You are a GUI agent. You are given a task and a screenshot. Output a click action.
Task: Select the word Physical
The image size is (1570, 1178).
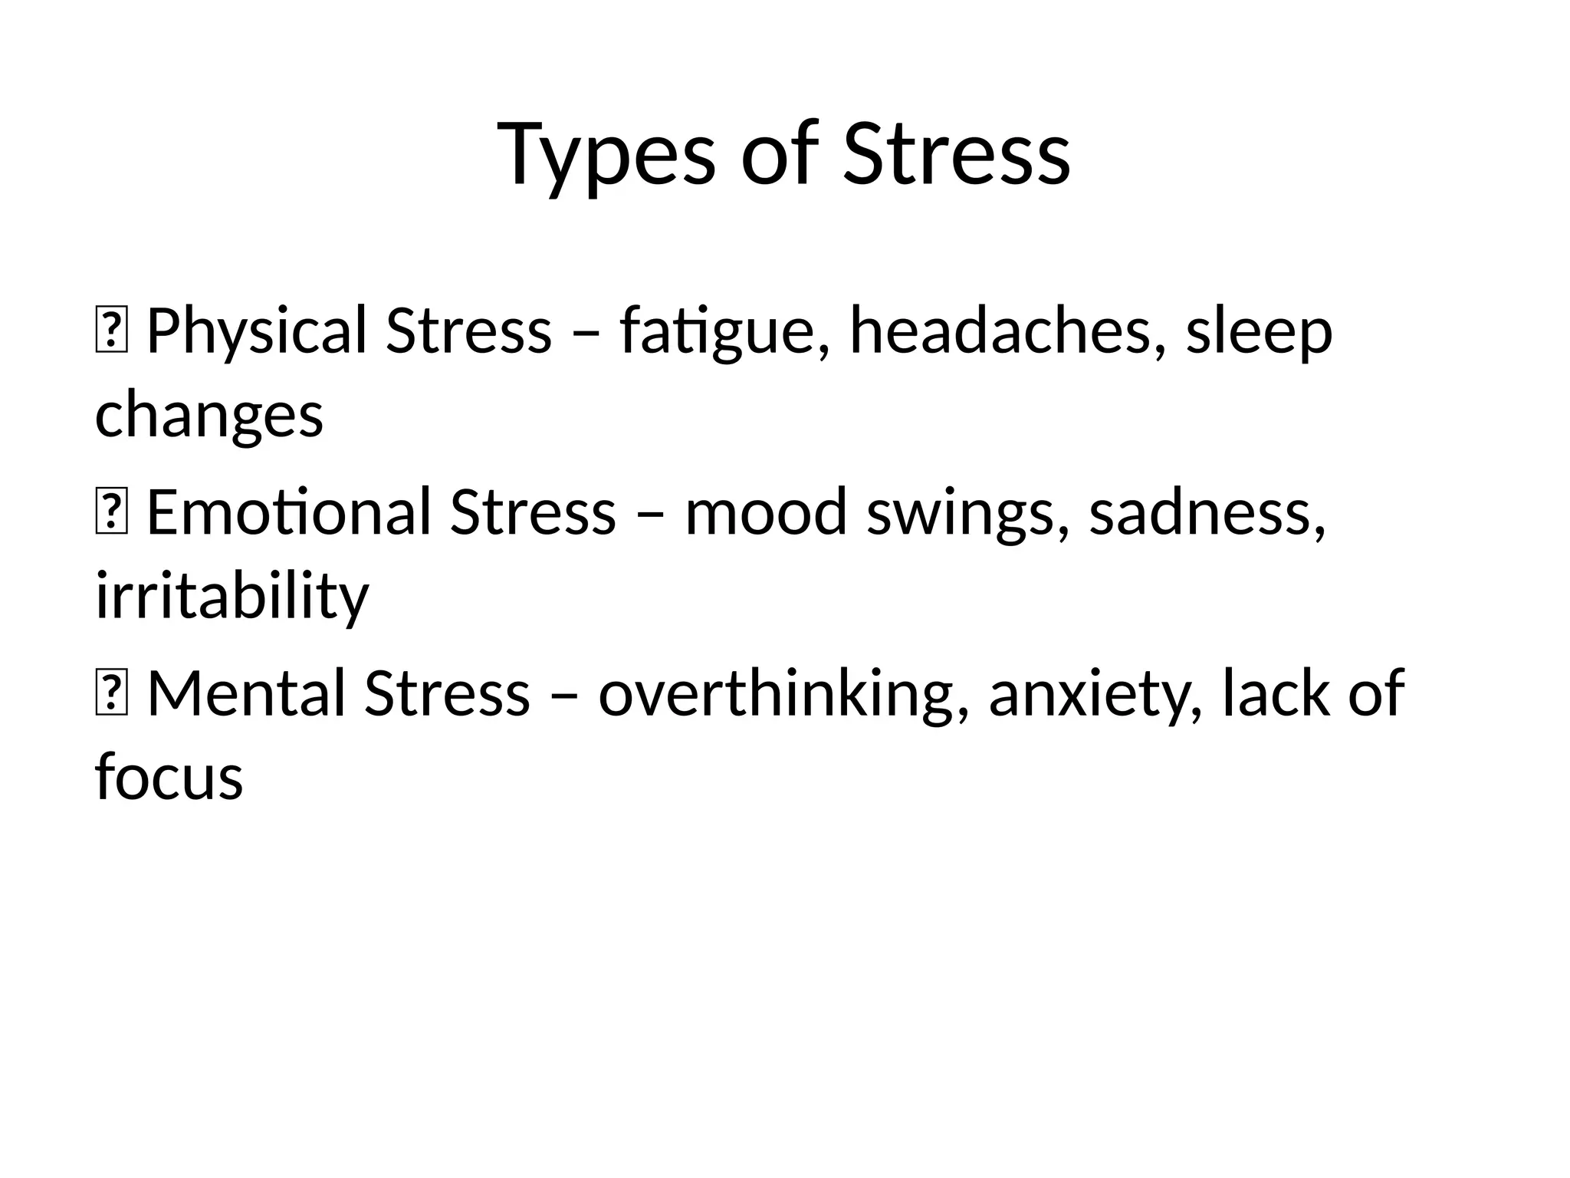coord(257,331)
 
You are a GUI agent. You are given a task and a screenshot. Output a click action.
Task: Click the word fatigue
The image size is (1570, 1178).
coord(717,331)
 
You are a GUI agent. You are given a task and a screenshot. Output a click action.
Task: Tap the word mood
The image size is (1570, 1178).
coord(766,512)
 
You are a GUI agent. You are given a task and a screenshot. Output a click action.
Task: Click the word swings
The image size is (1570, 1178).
coord(967,512)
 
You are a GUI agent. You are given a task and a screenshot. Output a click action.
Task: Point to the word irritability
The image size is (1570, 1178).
coord(232,597)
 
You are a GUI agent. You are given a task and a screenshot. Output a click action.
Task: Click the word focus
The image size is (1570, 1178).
coord(169,776)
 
